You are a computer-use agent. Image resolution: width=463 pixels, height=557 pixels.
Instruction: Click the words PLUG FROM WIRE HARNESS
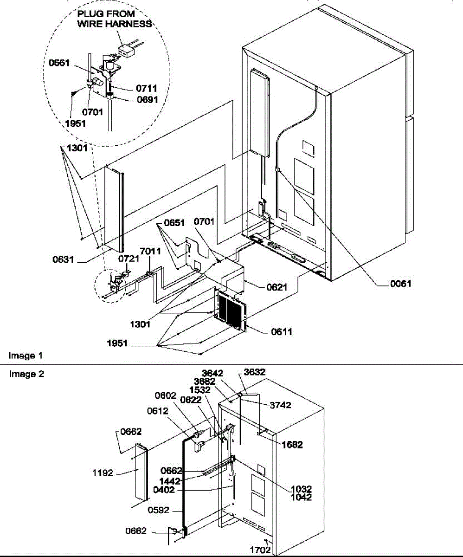(x=114, y=19)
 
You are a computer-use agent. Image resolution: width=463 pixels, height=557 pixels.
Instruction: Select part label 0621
(x=277, y=288)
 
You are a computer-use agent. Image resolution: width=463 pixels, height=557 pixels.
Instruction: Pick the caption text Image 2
(x=26, y=374)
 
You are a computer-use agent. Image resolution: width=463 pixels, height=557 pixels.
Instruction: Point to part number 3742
(x=280, y=405)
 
